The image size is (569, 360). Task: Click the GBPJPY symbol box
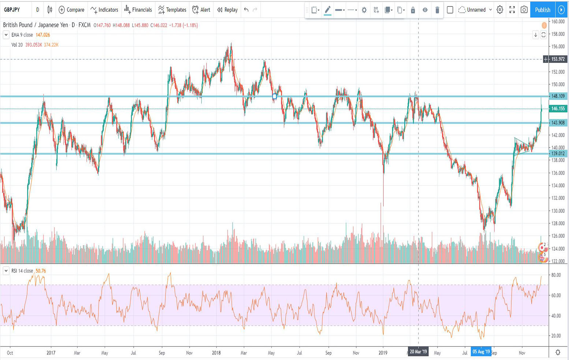12,10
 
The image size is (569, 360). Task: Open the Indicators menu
104,10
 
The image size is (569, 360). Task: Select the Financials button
138,10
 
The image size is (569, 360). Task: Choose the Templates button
172,10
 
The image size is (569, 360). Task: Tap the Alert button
201,10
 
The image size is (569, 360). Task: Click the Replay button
227,10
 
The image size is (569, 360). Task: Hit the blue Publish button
542,10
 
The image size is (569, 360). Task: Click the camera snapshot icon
524,10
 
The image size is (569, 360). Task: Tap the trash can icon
437,10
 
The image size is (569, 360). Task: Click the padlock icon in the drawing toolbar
413,10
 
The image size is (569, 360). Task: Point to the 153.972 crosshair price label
558,59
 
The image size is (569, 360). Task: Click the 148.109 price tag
558,96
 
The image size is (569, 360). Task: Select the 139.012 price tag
558,154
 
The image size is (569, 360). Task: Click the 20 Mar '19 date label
418,352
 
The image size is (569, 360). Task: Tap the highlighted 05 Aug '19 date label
481,352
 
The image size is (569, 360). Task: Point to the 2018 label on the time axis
216,353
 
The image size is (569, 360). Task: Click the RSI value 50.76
41,271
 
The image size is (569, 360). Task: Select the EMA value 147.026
43,35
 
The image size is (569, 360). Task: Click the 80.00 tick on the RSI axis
556,275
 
